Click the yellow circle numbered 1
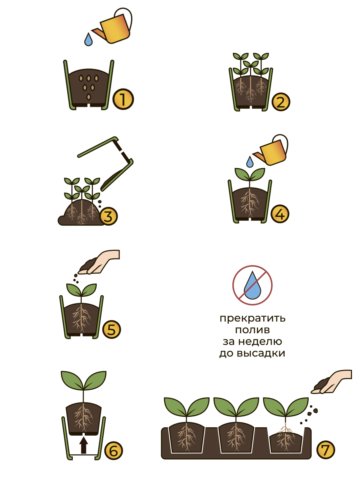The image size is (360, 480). (123, 99)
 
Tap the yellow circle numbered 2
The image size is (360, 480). (281, 102)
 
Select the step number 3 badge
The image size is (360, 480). (108, 216)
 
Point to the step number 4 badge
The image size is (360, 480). (280, 214)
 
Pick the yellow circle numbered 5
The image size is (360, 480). (112, 329)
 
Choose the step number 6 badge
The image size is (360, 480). (114, 451)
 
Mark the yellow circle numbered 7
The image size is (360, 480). (326, 450)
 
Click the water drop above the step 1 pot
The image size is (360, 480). (88, 40)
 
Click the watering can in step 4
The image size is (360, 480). (271, 150)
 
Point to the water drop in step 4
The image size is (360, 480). (250, 162)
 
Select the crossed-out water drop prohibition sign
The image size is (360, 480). (252, 285)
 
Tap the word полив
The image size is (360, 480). (252, 330)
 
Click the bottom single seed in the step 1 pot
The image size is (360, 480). (88, 97)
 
